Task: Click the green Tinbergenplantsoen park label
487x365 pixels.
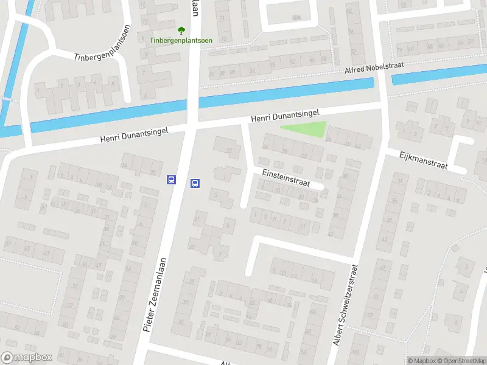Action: point(181,41)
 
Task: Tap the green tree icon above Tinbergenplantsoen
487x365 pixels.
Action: point(181,30)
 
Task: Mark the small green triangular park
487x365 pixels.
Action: point(307,129)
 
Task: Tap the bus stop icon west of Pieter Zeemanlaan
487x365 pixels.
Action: point(172,179)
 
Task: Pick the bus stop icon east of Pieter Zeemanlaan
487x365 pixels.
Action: point(195,183)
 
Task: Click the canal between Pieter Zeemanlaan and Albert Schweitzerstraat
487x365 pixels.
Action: point(286,92)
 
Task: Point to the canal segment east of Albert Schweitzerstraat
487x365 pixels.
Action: point(438,75)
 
